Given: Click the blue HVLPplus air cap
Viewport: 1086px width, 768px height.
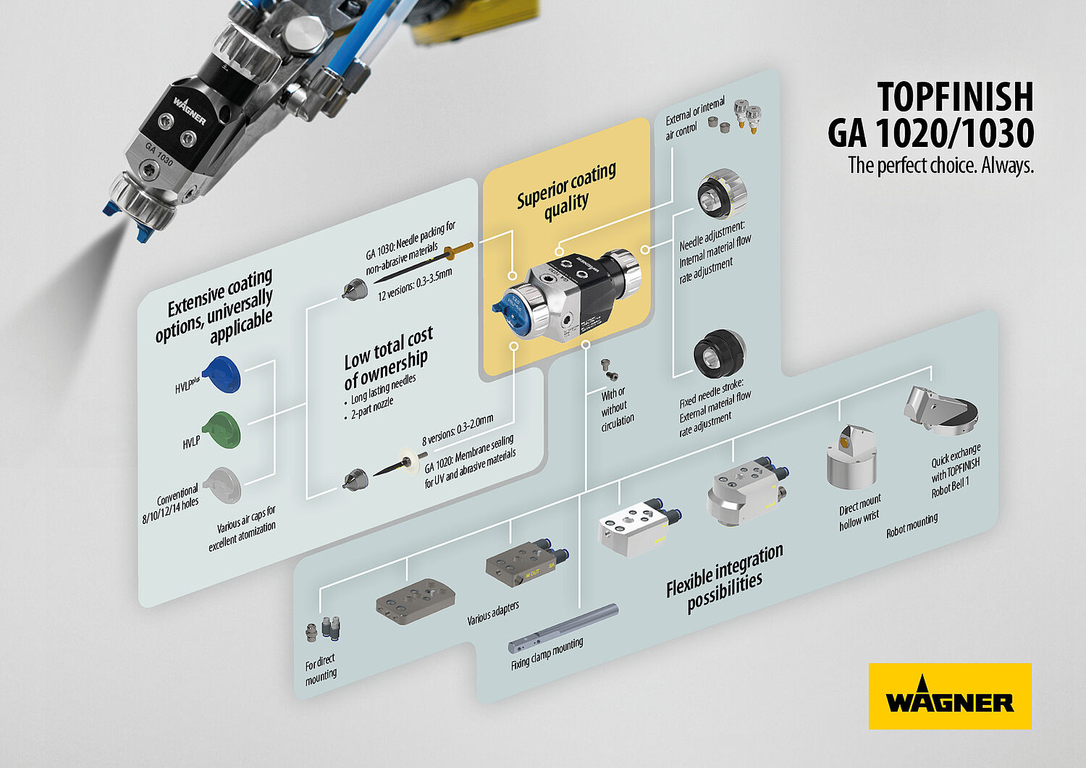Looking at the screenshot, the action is point(222,374).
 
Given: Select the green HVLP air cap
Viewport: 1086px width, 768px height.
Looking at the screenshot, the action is point(222,429).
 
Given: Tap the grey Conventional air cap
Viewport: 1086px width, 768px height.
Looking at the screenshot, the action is point(222,485).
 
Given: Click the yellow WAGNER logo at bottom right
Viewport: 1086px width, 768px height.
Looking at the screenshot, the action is point(950,696).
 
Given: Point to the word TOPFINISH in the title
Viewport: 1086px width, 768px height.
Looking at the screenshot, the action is point(955,97).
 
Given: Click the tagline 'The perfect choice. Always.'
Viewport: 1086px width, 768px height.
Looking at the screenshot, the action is point(940,165).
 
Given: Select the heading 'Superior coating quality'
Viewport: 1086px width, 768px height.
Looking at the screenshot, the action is point(566,193).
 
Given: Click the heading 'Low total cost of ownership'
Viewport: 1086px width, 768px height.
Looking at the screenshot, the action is point(388,358).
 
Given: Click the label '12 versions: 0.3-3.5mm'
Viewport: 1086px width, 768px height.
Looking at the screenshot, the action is point(415,284).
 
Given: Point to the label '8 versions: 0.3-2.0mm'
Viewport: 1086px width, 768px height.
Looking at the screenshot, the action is point(458,429).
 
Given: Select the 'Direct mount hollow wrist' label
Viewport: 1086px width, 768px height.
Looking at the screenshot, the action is point(859,512).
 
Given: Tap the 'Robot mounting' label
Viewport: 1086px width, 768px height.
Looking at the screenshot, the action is point(912,526).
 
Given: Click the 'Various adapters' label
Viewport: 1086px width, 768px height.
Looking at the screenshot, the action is point(492,613).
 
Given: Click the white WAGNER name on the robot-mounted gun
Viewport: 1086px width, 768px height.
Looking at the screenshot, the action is point(190,111).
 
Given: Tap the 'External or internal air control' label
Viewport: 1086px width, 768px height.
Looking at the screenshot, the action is point(694,118).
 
